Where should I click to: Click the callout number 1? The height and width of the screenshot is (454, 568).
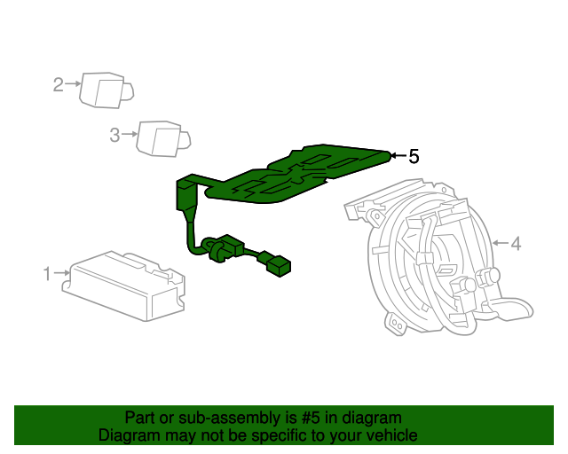[47, 274]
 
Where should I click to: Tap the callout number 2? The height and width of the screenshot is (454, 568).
[59, 85]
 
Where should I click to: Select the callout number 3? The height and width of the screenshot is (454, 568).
[114, 135]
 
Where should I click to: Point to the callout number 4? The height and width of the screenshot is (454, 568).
[516, 242]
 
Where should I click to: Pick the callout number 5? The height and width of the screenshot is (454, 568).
[413, 157]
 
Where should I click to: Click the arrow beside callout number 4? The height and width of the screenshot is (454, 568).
[500, 242]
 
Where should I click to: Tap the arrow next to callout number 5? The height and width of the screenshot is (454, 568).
[398, 157]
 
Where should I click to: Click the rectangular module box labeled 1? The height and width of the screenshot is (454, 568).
[124, 284]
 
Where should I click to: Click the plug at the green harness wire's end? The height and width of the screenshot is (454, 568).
[280, 265]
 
